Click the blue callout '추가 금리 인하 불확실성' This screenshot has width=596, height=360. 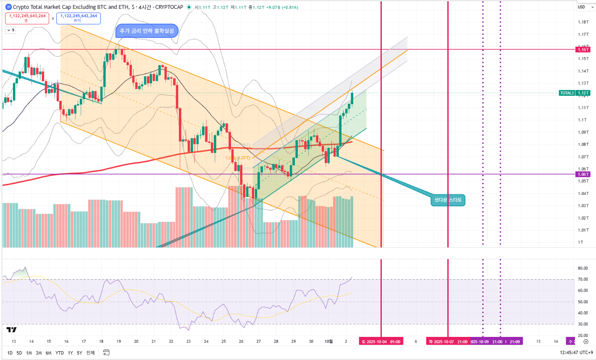(147, 31)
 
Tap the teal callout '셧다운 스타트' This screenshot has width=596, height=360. (448, 200)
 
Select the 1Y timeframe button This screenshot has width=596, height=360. (70, 353)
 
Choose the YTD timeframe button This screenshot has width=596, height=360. (60, 353)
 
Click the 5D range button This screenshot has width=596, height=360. (19, 353)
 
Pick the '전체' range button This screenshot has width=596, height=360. (90, 353)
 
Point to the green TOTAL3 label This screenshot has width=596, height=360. (567, 93)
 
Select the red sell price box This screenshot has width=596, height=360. (27, 18)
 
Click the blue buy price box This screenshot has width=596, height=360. (79, 18)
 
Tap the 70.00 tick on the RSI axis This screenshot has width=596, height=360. (583, 279)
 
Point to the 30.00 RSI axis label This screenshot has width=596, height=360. (583, 324)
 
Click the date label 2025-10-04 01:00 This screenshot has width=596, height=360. (381, 342)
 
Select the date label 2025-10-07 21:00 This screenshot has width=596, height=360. (448, 342)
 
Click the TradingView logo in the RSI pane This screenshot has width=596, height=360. (12, 330)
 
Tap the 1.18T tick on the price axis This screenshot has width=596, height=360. (583, 22)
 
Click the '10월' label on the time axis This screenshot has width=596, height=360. (328, 342)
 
